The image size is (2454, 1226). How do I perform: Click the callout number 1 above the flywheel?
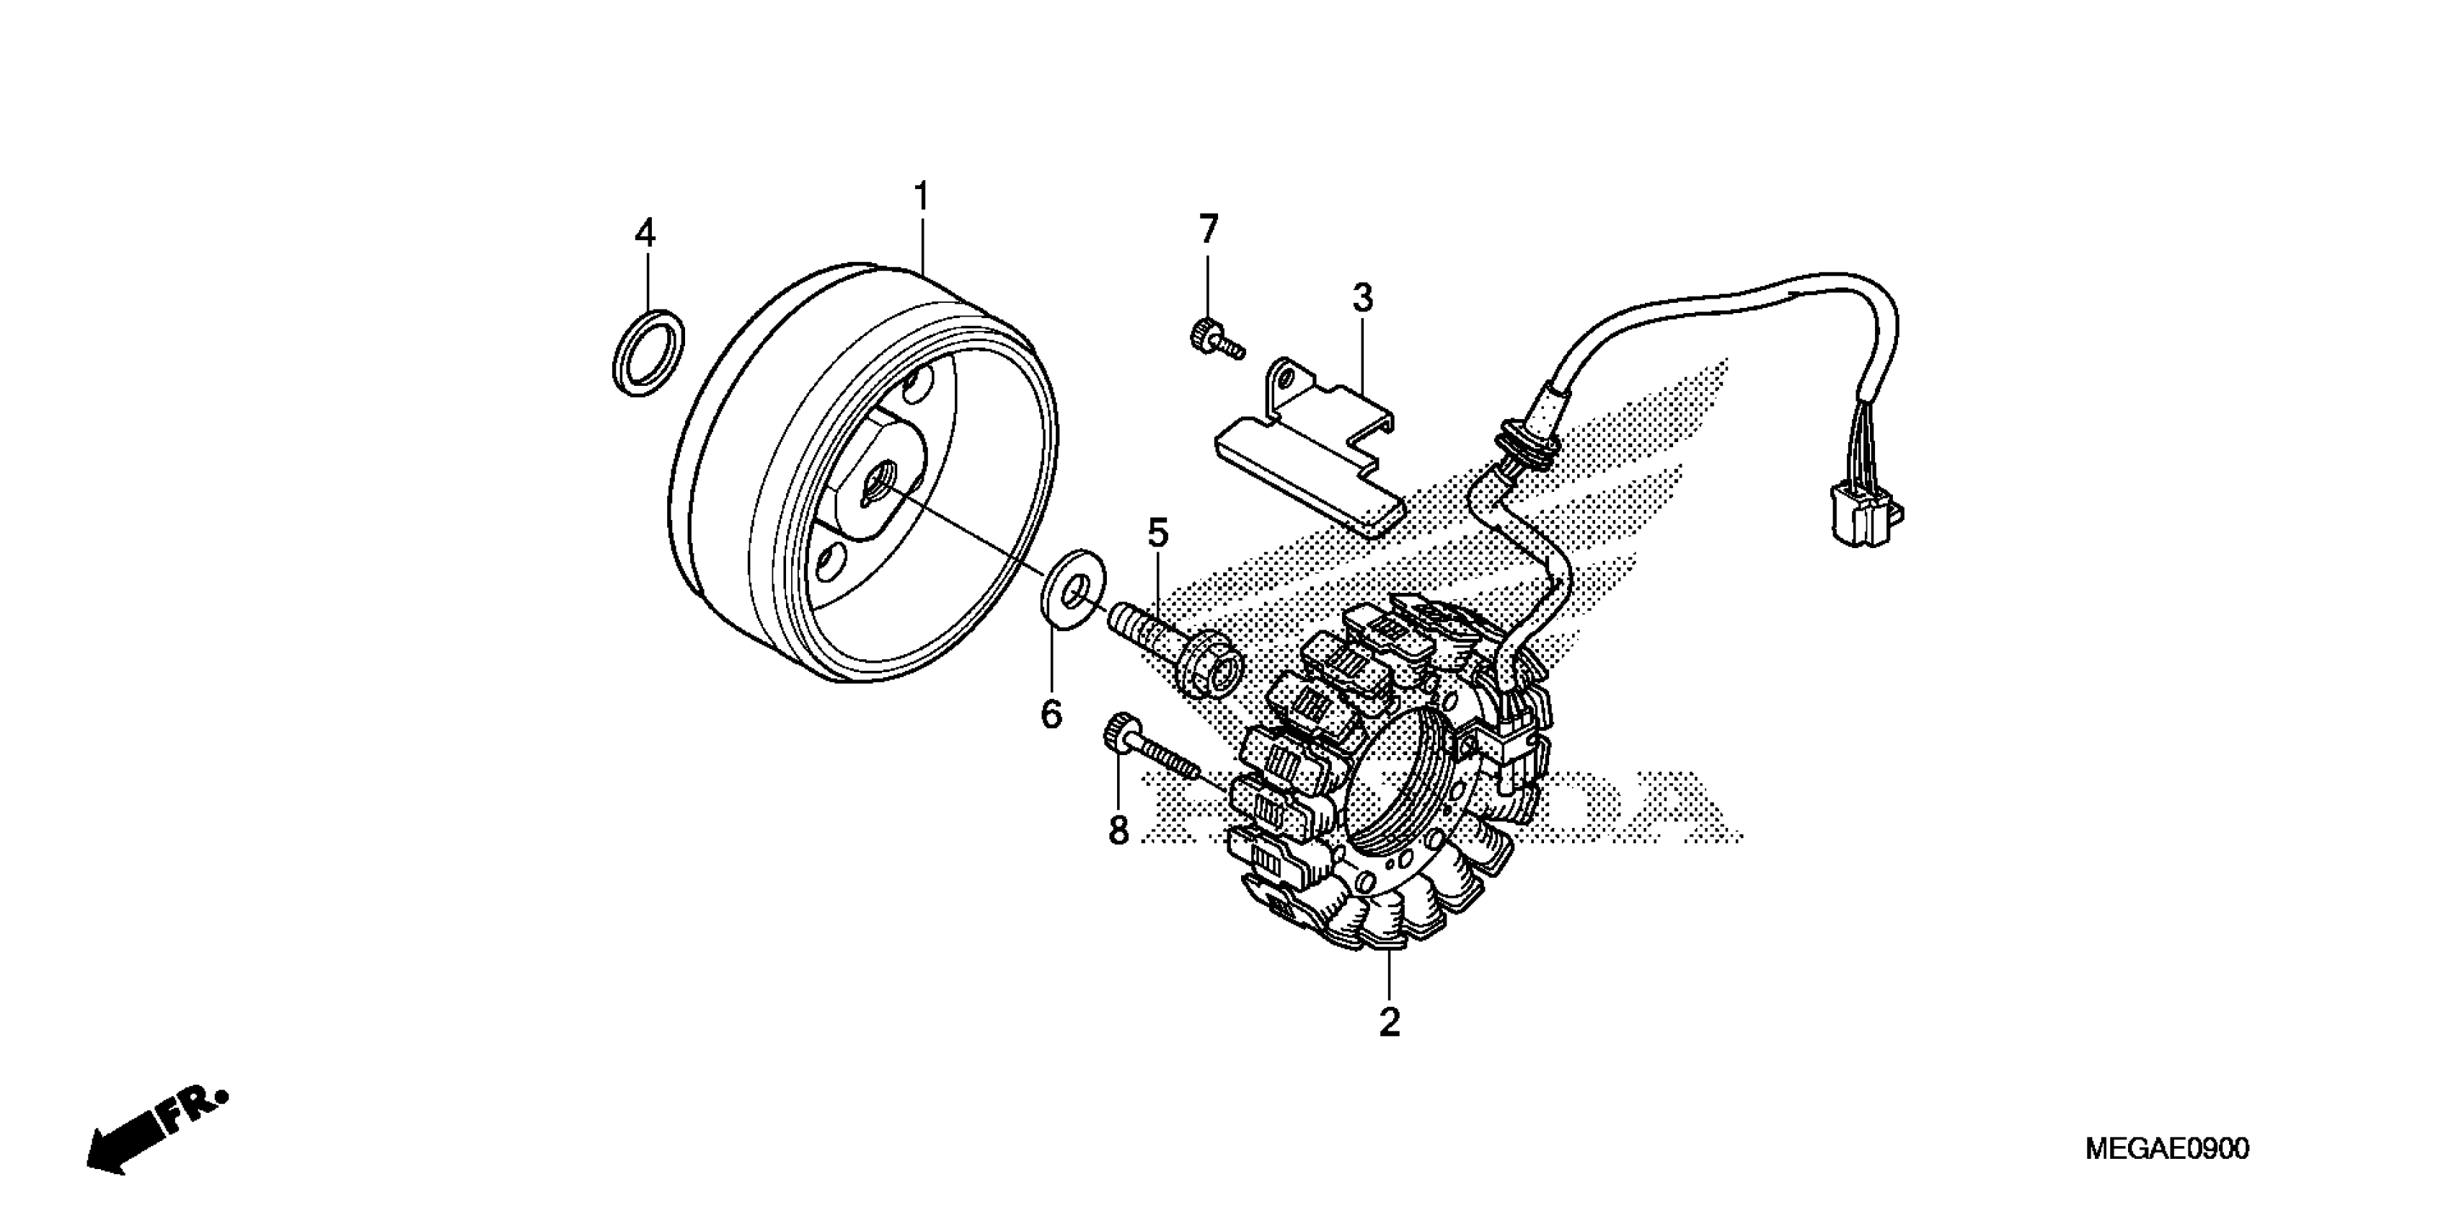point(920,196)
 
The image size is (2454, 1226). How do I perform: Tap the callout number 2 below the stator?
point(1389,1022)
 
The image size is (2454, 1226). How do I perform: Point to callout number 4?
point(645,232)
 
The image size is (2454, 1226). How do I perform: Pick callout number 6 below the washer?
point(1051,713)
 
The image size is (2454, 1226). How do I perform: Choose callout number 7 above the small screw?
point(1208,229)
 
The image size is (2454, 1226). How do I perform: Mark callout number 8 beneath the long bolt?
point(1118,831)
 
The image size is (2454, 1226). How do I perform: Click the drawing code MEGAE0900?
point(2166,1148)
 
